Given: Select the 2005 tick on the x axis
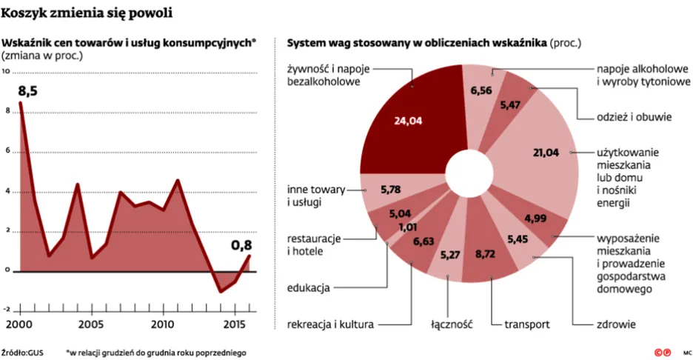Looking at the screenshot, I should click(90, 324).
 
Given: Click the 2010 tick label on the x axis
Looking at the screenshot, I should click(164, 324).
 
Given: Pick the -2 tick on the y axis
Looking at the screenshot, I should click(7, 310).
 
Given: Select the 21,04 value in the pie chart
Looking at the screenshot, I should click(547, 153).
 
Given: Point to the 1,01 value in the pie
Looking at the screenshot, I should click(408, 227).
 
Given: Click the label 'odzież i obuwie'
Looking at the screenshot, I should click(634, 117).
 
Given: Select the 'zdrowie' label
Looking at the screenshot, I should click(616, 324).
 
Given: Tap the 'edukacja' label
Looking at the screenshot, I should click(309, 287).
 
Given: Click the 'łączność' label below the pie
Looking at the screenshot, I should click(451, 324).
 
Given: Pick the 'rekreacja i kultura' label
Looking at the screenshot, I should click(331, 324).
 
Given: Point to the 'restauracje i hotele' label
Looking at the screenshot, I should click(314, 245).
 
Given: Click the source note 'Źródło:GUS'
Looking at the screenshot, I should click(23, 352).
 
